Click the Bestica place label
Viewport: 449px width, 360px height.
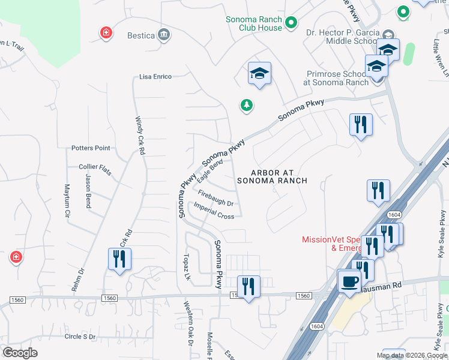(141, 35)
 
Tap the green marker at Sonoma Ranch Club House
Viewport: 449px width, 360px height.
(291, 23)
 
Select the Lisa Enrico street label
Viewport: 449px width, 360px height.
(155, 77)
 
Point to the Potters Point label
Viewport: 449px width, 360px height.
(91, 148)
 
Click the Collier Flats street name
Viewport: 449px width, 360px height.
(95, 167)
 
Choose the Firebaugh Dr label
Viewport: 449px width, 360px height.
(215, 199)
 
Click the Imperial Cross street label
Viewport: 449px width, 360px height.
(214, 211)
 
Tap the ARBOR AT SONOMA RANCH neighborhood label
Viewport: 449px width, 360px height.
(272, 176)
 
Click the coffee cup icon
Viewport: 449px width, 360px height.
(349, 281)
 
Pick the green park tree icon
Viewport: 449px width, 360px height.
(246, 106)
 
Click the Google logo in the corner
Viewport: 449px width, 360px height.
(20, 353)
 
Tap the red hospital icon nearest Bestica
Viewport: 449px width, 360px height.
(106, 32)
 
